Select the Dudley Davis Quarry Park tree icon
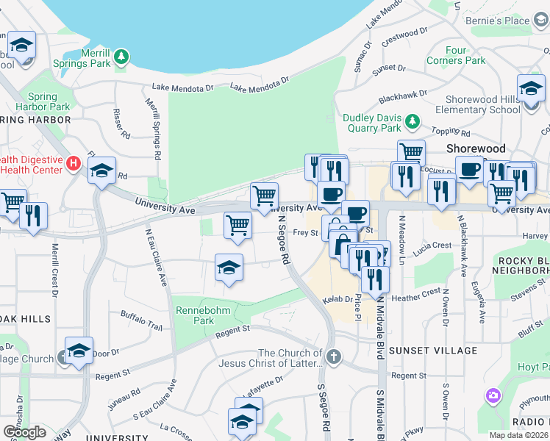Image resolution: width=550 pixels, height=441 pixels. (x=413, y=121)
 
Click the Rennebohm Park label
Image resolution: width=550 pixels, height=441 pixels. (x=203, y=315)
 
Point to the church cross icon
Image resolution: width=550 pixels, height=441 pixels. (x=334, y=358)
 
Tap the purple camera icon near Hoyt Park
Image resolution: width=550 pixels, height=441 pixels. (x=493, y=396)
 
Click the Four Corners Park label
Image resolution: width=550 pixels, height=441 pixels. (x=465, y=56)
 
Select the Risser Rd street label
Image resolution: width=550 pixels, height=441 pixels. (x=120, y=124)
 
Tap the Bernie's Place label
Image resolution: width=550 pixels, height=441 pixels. (x=499, y=21)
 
